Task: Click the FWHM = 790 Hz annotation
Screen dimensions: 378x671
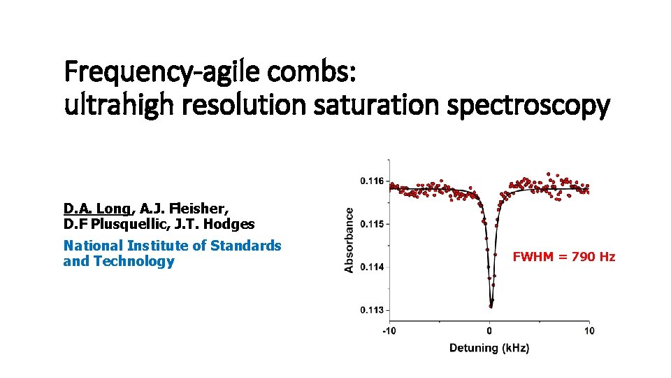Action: click(564, 257)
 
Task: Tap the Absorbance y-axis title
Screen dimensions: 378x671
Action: click(349, 234)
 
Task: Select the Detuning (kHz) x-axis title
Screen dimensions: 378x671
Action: click(489, 348)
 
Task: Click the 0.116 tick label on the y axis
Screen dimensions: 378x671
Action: click(372, 181)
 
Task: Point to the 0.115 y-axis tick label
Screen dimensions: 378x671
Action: click(372, 224)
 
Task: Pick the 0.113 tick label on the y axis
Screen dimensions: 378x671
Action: click(372, 310)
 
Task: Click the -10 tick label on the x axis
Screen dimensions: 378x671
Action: click(389, 331)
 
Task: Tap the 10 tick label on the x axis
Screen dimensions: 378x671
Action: click(589, 331)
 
